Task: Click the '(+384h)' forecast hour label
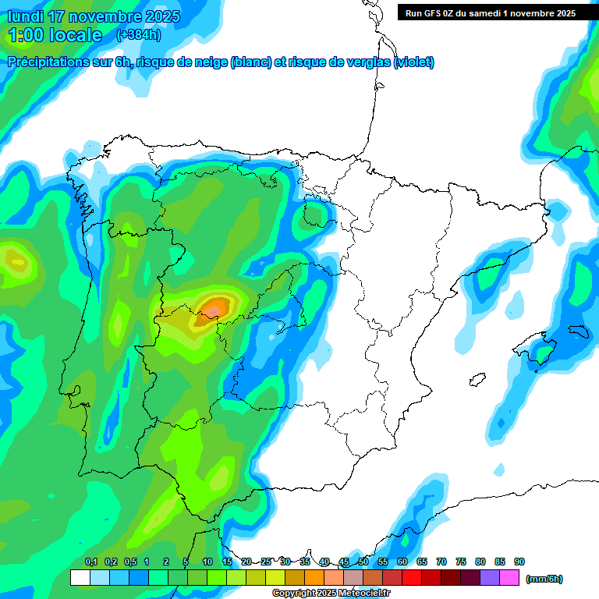[138, 34]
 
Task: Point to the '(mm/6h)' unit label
[544, 579]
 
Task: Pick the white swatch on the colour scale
[80, 578]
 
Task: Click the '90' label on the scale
[519, 562]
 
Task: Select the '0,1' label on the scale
[90, 562]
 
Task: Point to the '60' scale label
[402, 562]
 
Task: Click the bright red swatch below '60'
[412, 578]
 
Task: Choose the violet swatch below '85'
[490, 578]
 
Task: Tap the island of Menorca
[577, 331]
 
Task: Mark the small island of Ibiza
[476, 379]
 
